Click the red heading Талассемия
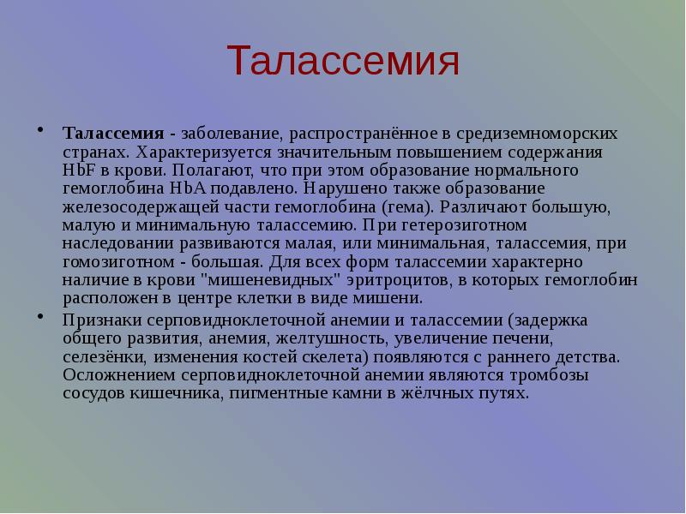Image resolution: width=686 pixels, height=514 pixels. tap(343, 63)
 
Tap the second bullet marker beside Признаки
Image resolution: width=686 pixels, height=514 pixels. tap(39, 318)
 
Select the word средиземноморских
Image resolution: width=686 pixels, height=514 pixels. tap(528, 134)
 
